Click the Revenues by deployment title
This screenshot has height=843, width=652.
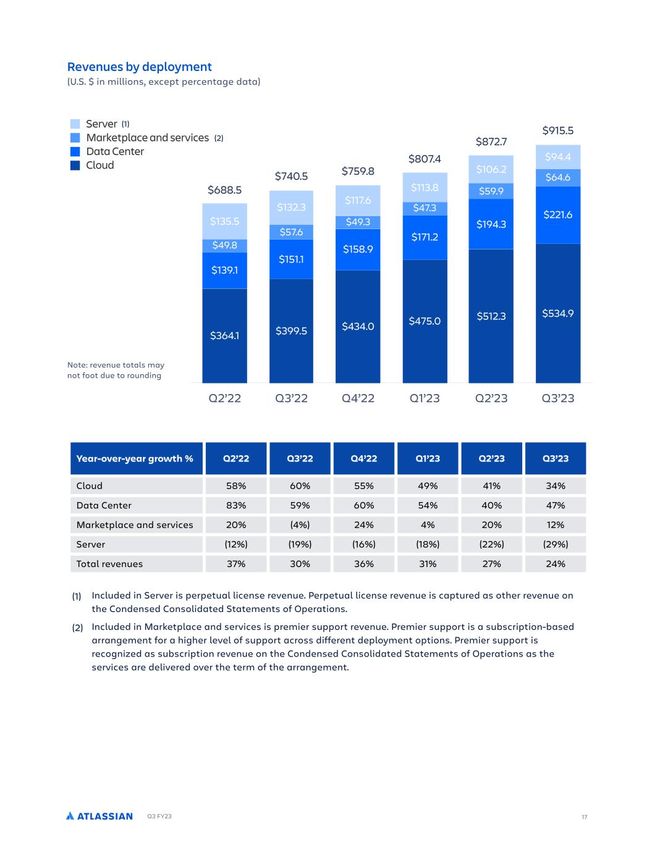[x=139, y=67]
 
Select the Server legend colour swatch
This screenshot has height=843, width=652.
[x=75, y=124]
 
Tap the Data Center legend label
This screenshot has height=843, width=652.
[x=115, y=151]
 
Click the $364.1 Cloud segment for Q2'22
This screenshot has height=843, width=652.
[x=224, y=335]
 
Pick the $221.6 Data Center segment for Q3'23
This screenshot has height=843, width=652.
[x=557, y=215]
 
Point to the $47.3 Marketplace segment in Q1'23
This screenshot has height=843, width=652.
[x=425, y=208]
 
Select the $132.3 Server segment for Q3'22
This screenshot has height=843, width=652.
[x=291, y=208]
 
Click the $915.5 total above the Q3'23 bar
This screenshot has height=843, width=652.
[x=557, y=130]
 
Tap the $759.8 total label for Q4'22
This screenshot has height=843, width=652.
[x=358, y=171]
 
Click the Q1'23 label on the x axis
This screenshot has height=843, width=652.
[x=425, y=398]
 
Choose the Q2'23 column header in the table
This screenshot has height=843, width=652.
[x=491, y=458]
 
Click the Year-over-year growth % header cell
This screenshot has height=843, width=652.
[x=135, y=458]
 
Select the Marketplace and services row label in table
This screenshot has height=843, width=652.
[x=135, y=525]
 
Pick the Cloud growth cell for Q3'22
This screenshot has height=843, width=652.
[x=300, y=486]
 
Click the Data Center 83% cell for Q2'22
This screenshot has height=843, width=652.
[x=236, y=505]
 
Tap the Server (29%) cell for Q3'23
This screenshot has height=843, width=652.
[x=556, y=544]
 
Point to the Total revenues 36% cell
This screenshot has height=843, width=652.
[x=364, y=564]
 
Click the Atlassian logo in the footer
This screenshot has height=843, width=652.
[x=99, y=816]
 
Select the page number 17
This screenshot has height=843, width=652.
[x=584, y=817]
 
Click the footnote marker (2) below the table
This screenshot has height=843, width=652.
[x=77, y=627]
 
